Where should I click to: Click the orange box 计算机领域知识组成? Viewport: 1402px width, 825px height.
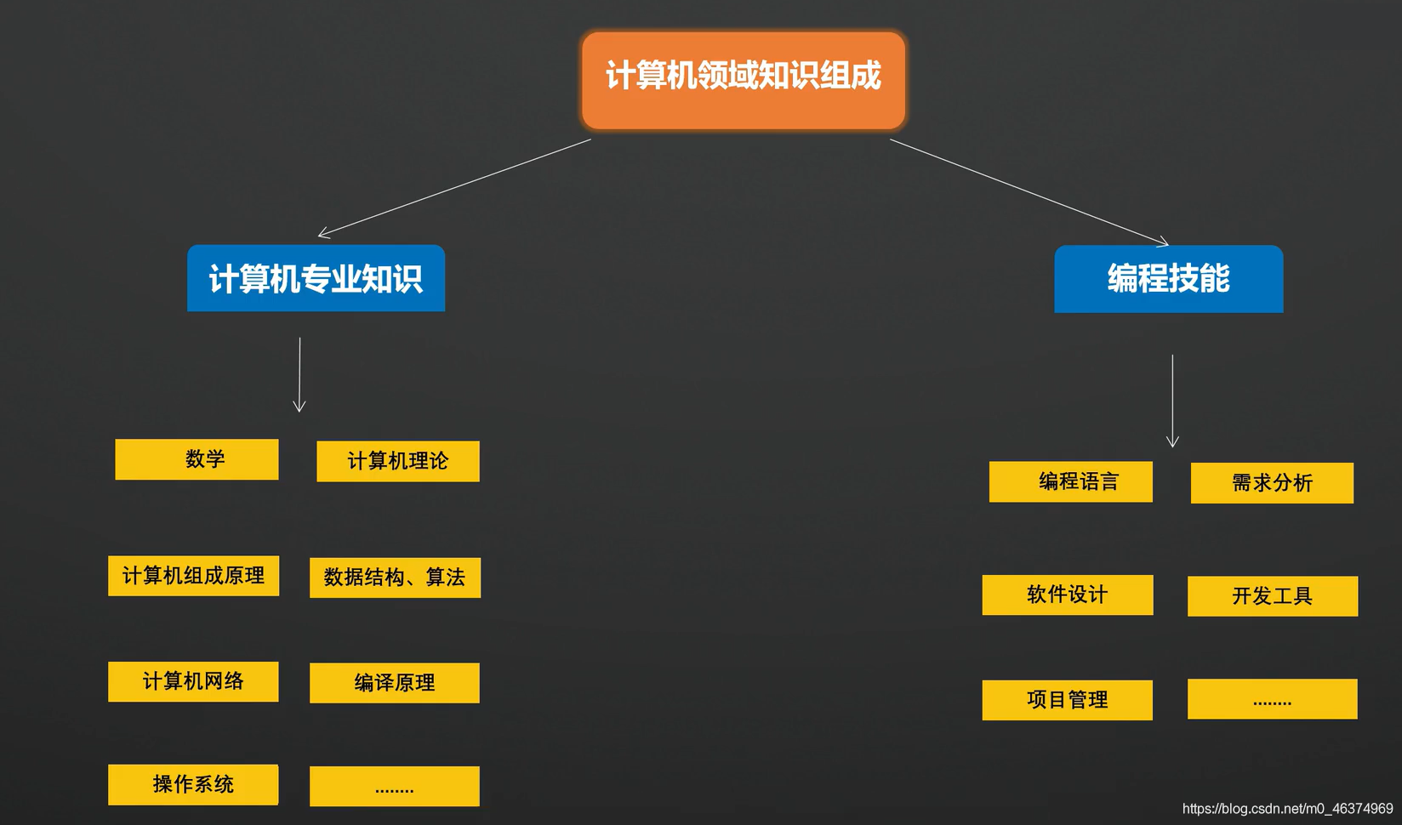(x=743, y=80)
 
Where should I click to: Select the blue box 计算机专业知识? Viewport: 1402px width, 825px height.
(x=316, y=278)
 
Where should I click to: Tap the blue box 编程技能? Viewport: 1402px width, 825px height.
(x=1168, y=279)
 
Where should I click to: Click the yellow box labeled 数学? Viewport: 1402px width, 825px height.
(x=197, y=459)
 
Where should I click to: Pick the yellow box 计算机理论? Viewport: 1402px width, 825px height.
(x=397, y=461)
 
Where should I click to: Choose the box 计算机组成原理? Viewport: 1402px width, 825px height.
(x=193, y=576)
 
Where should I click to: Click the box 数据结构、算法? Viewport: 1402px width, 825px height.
(x=395, y=577)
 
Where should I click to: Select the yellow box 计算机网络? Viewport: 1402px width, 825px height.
(x=193, y=681)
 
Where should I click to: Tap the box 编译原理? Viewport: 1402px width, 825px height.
(x=394, y=683)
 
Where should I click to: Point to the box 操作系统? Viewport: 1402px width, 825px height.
(x=193, y=784)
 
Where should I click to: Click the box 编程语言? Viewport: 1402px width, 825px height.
(x=1070, y=481)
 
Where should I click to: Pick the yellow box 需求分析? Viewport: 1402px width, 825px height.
(x=1272, y=483)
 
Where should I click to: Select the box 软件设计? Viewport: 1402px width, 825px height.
(x=1067, y=595)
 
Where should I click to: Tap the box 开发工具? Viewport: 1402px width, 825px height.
(x=1272, y=596)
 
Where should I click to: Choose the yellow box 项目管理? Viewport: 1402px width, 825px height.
(x=1067, y=700)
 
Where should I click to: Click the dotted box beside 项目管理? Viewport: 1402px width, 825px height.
(x=1272, y=699)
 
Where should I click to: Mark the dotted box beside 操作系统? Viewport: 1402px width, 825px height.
(x=394, y=787)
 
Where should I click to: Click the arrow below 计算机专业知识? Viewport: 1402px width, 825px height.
(x=299, y=374)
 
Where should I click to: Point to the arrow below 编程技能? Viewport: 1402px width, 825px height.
(x=1172, y=401)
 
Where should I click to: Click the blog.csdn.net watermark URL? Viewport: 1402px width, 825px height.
(x=1287, y=809)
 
